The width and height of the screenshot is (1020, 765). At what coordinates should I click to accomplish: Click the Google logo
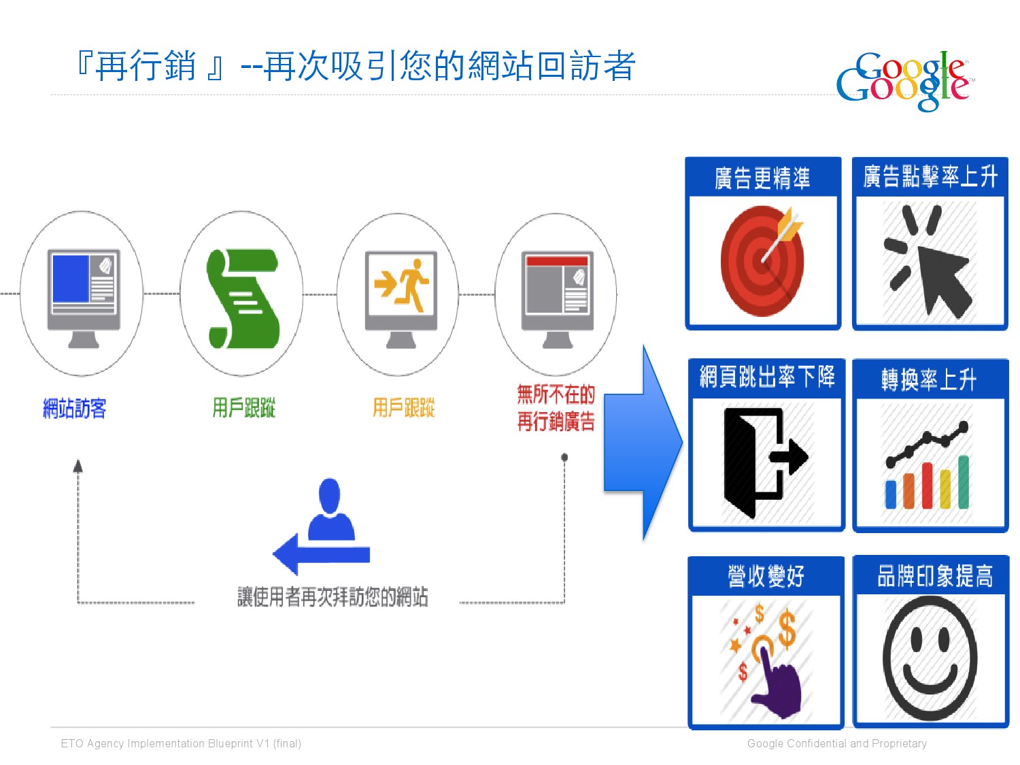[x=904, y=80]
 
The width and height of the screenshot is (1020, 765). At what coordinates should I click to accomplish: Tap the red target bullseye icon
[x=762, y=261]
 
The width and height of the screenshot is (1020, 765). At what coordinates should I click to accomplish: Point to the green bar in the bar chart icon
[x=963, y=482]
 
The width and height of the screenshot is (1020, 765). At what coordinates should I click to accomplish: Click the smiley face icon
[x=930, y=658]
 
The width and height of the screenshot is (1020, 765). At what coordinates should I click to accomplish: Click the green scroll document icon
[x=243, y=299]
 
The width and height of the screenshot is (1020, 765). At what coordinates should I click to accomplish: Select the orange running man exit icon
[x=402, y=286]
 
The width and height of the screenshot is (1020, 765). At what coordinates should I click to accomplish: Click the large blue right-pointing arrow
[x=642, y=443]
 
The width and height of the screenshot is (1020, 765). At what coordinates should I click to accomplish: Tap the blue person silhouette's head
[x=329, y=494]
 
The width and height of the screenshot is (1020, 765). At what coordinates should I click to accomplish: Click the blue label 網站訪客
[x=74, y=409]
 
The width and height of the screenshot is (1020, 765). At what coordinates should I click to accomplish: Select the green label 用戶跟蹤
[x=243, y=408]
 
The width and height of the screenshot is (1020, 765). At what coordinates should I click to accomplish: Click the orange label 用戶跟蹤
[x=403, y=408]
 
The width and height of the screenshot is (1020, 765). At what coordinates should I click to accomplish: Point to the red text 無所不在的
[x=556, y=394]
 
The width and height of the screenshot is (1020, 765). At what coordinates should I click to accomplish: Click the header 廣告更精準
[x=762, y=178]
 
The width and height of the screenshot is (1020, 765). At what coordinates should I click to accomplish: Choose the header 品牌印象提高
[x=935, y=576]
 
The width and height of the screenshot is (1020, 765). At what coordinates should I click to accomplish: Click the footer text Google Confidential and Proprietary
[x=836, y=743]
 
